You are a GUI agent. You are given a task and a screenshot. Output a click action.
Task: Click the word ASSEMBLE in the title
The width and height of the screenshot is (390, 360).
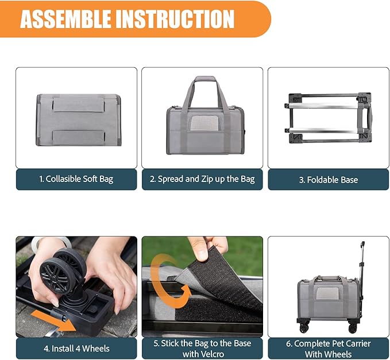click(x=65, y=18)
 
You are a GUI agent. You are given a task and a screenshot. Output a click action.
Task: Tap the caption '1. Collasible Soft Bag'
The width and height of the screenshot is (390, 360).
click(x=76, y=179)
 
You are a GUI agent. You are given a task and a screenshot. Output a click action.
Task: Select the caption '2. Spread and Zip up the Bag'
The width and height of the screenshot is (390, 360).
click(x=202, y=179)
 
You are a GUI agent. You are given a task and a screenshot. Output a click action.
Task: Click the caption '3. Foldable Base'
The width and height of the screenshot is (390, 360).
click(x=328, y=179)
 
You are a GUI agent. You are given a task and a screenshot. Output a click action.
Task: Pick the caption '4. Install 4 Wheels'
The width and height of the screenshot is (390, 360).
click(x=76, y=348)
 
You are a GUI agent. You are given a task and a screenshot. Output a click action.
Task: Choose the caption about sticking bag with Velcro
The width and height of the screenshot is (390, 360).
click(x=202, y=348)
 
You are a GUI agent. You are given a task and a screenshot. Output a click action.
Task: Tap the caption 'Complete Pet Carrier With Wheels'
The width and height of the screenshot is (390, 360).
click(x=328, y=348)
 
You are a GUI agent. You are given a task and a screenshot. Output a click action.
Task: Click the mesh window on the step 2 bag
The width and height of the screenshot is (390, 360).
click(x=202, y=122)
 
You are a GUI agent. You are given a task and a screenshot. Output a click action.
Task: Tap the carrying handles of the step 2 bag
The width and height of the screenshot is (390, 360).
click(x=202, y=92)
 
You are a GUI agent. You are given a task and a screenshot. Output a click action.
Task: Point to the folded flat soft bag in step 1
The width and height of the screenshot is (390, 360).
click(x=78, y=119)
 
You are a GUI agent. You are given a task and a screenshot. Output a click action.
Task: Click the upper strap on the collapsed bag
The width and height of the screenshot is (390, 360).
click(x=78, y=103)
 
